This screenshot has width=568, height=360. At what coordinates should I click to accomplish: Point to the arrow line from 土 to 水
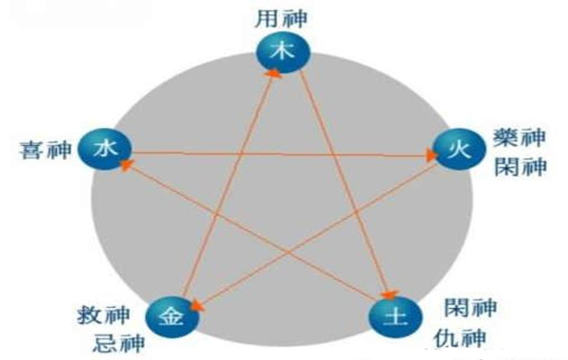coord(256,232)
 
